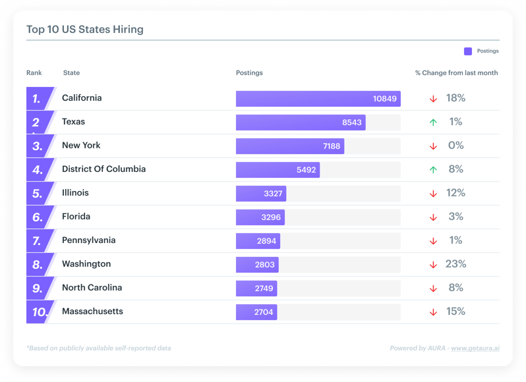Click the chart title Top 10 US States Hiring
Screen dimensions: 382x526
coord(84,30)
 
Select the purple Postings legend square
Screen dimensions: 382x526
coord(468,51)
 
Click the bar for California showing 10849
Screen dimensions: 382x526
coord(318,99)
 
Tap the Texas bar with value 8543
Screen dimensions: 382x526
coord(301,123)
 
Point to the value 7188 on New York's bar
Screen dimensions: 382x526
coord(332,146)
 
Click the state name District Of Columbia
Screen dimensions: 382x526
coord(103,169)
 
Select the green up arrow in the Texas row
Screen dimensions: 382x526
coord(433,123)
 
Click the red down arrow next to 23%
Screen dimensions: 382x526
coord(433,265)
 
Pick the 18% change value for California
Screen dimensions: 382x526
coord(455,98)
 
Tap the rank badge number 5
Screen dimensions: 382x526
coord(38,194)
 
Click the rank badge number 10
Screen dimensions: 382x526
coord(40,312)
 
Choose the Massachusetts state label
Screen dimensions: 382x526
coord(92,312)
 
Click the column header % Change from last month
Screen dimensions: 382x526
coord(456,73)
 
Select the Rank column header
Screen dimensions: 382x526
coord(34,73)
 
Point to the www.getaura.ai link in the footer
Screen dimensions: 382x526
coord(475,348)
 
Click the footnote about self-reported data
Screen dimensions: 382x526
coord(98,348)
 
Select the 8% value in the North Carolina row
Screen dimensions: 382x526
coord(455,288)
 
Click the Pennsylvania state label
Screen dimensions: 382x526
coord(88,240)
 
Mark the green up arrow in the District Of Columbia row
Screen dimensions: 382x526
coord(433,170)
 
